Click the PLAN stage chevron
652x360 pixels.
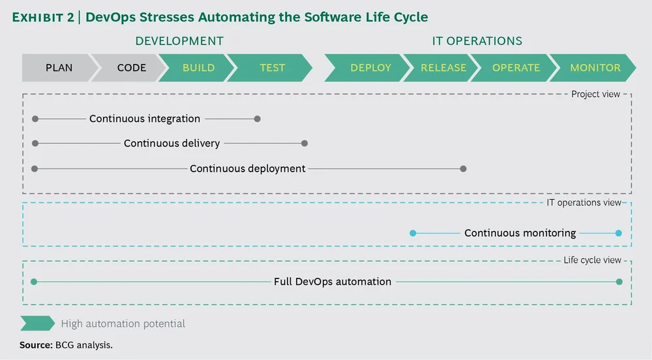click(59, 67)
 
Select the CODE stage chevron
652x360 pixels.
click(131, 67)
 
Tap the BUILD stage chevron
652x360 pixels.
click(198, 67)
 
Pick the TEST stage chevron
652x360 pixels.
click(272, 67)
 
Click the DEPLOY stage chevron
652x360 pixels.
click(370, 67)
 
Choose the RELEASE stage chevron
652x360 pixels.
click(443, 67)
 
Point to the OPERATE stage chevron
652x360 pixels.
click(516, 67)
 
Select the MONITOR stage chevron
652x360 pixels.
click(595, 67)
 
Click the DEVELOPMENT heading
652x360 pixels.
click(179, 41)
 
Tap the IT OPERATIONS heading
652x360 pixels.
click(477, 41)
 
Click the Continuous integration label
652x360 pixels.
click(145, 119)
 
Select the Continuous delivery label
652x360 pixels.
click(171, 143)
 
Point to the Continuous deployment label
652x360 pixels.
click(248, 168)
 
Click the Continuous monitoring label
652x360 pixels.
click(520, 233)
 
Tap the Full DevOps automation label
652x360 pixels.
click(333, 282)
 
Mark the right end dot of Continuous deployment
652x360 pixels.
click(463, 169)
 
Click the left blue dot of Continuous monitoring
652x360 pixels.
click(412, 233)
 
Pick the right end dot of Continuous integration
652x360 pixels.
click(258, 119)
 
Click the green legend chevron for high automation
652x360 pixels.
click(37, 323)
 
